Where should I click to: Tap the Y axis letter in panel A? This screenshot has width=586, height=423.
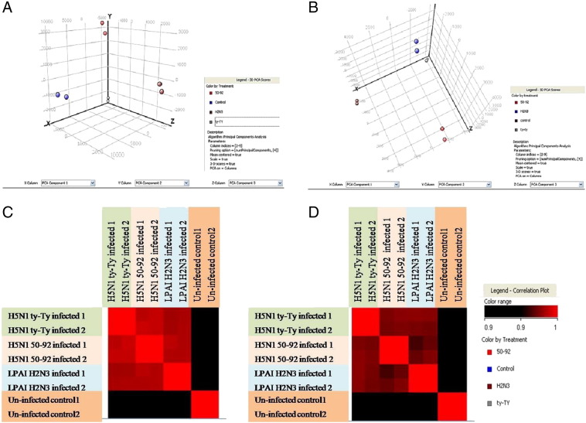coord(110,15)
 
